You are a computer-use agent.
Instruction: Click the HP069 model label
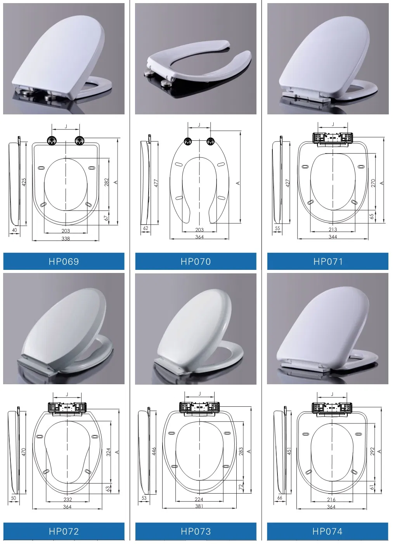click(x=64, y=261)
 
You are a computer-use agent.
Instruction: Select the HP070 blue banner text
click(x=196, y=261)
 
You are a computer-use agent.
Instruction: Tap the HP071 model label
click(x=328, y=261)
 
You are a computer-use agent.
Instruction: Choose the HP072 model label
click(x=64, y=531)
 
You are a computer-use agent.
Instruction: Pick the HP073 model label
click(x=196, y=531)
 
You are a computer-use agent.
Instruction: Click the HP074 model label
click(x=327, y=531)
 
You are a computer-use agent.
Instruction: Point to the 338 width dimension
click(x=66, y=238)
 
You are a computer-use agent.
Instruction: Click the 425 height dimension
click(x=24, y=182)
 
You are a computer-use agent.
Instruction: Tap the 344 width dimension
click(x=333, y=237)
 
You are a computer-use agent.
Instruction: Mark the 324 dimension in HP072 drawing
click(x=109, y=452)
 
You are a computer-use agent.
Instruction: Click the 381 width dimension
click(x=199, y=506)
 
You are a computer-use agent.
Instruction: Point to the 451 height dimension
click(x=289, y=451)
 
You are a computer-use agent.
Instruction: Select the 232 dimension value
click(x=68, y=499)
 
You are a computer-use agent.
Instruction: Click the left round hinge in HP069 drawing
click(x=52, y=140)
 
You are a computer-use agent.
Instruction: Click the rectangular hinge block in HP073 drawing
click(x=200, y=407)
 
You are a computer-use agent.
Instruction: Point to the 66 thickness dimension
click(x=280, y=497)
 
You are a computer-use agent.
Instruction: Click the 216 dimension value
click(x=331, y=499)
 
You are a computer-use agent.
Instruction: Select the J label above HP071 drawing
click(x=333, y=124)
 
